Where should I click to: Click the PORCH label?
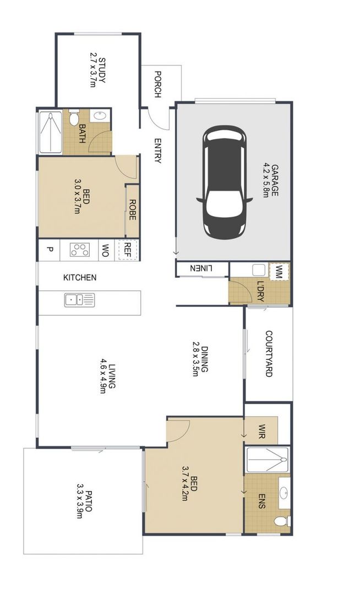(157, 84)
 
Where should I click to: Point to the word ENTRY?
(157, 150)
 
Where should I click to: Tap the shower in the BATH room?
(51, 133)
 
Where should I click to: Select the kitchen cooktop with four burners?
(80, 249)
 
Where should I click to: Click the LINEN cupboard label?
(201, 268)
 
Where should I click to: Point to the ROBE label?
(133, 210)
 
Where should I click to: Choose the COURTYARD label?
(269, 354)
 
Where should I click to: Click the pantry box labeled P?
(50, 249)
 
